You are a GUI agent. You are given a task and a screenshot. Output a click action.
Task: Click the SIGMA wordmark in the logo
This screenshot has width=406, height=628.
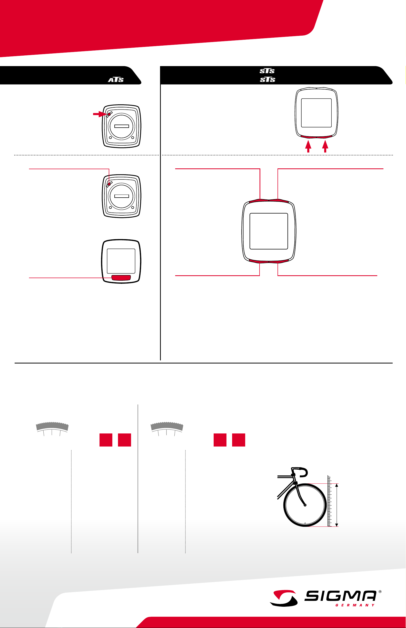(340, 596)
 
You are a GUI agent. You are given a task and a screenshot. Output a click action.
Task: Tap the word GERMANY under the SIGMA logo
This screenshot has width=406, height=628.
(355, 605)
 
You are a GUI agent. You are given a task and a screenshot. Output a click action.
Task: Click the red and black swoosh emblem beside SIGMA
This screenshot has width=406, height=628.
(283, 598)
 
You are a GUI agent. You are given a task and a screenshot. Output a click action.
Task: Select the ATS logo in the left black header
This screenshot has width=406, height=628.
(116, 79)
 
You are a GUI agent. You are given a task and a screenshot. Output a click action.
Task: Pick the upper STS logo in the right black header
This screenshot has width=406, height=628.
(267, 71)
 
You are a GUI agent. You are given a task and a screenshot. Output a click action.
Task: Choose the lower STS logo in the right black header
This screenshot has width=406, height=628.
(267, 79)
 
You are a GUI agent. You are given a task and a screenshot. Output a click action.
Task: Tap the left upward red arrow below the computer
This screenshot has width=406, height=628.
(308, 146)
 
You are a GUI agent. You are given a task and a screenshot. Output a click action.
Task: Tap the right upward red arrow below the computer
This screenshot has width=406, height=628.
(325, 146)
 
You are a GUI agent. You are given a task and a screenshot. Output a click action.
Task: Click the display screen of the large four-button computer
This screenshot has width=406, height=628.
(269, 231)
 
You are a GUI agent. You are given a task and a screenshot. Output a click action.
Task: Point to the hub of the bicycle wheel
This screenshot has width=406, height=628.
(305, 505)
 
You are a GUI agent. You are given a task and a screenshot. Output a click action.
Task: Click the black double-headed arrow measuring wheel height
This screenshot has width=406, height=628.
(337, 505)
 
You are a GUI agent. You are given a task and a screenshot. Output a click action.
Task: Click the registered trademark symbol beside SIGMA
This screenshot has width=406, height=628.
(380, 592)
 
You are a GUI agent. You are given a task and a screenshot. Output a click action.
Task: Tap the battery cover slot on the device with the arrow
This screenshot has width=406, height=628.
(122, 126)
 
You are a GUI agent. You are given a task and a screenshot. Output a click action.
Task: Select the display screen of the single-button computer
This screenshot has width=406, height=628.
(121, 261)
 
